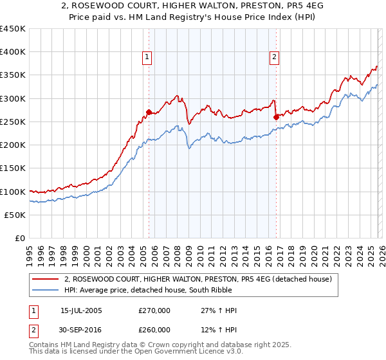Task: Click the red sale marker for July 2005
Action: (x=149, y=112)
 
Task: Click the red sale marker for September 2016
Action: (x=276, y=117)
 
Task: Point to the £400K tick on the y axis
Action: (x=13, y=52)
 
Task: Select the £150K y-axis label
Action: (x=13, y=168)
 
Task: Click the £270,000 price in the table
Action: (x=154, y=310)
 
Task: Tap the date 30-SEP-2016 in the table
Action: (x=81, y=329)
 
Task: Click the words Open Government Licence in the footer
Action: (x=165, y=352)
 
